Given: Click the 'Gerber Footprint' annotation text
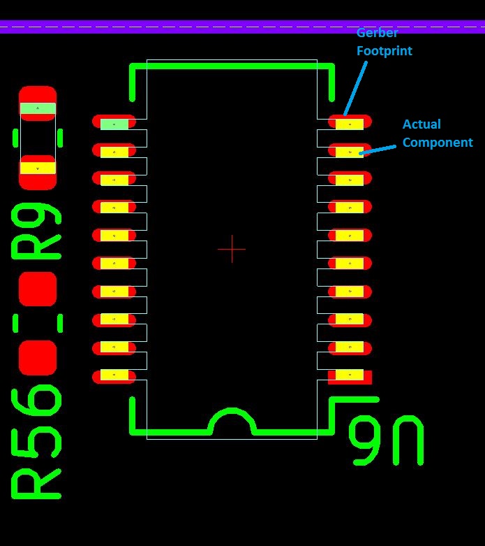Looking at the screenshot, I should tap(384, 42).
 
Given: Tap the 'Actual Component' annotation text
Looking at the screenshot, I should tap(438, 133).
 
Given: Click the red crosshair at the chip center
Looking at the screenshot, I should tap(231, 248).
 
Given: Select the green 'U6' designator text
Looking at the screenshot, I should tap(386, 440).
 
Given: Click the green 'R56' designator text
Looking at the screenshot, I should tap(36, 440).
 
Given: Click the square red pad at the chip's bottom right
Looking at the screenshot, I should tap(350, 378).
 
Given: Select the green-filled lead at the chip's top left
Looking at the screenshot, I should tap(114, 124).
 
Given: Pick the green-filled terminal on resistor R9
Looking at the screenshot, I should tap(38, 108).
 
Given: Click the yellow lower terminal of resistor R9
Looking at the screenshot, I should tap(38, 168).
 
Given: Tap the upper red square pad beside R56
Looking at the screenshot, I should tap(38, 289).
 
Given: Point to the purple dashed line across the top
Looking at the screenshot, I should tap(242, 27).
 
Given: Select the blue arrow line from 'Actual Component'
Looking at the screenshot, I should tap(380, 148).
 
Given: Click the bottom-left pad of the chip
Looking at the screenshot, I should tap(114, 376).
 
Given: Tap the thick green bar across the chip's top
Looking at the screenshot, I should tap(232, 66).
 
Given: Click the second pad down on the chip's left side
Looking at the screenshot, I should tap(114, 151).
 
